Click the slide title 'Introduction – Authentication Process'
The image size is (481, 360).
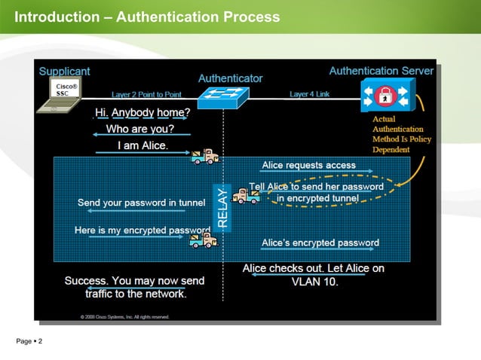pos(147,17)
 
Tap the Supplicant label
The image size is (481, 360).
pos(64,71)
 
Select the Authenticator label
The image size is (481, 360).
pos(230,78)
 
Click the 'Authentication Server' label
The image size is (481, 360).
pos(381,71)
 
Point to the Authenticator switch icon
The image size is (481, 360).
pos(223,96)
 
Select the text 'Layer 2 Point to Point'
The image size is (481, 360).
pos(146,95)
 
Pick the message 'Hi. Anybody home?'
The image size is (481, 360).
pos(142,113)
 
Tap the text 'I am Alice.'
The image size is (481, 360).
pos(142,145)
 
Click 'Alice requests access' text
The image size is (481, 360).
pos(308,165)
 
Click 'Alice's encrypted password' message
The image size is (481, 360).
pos(320,243)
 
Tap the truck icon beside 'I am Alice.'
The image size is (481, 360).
pos(204,156)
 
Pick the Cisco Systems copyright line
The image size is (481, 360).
pos(124,316)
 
